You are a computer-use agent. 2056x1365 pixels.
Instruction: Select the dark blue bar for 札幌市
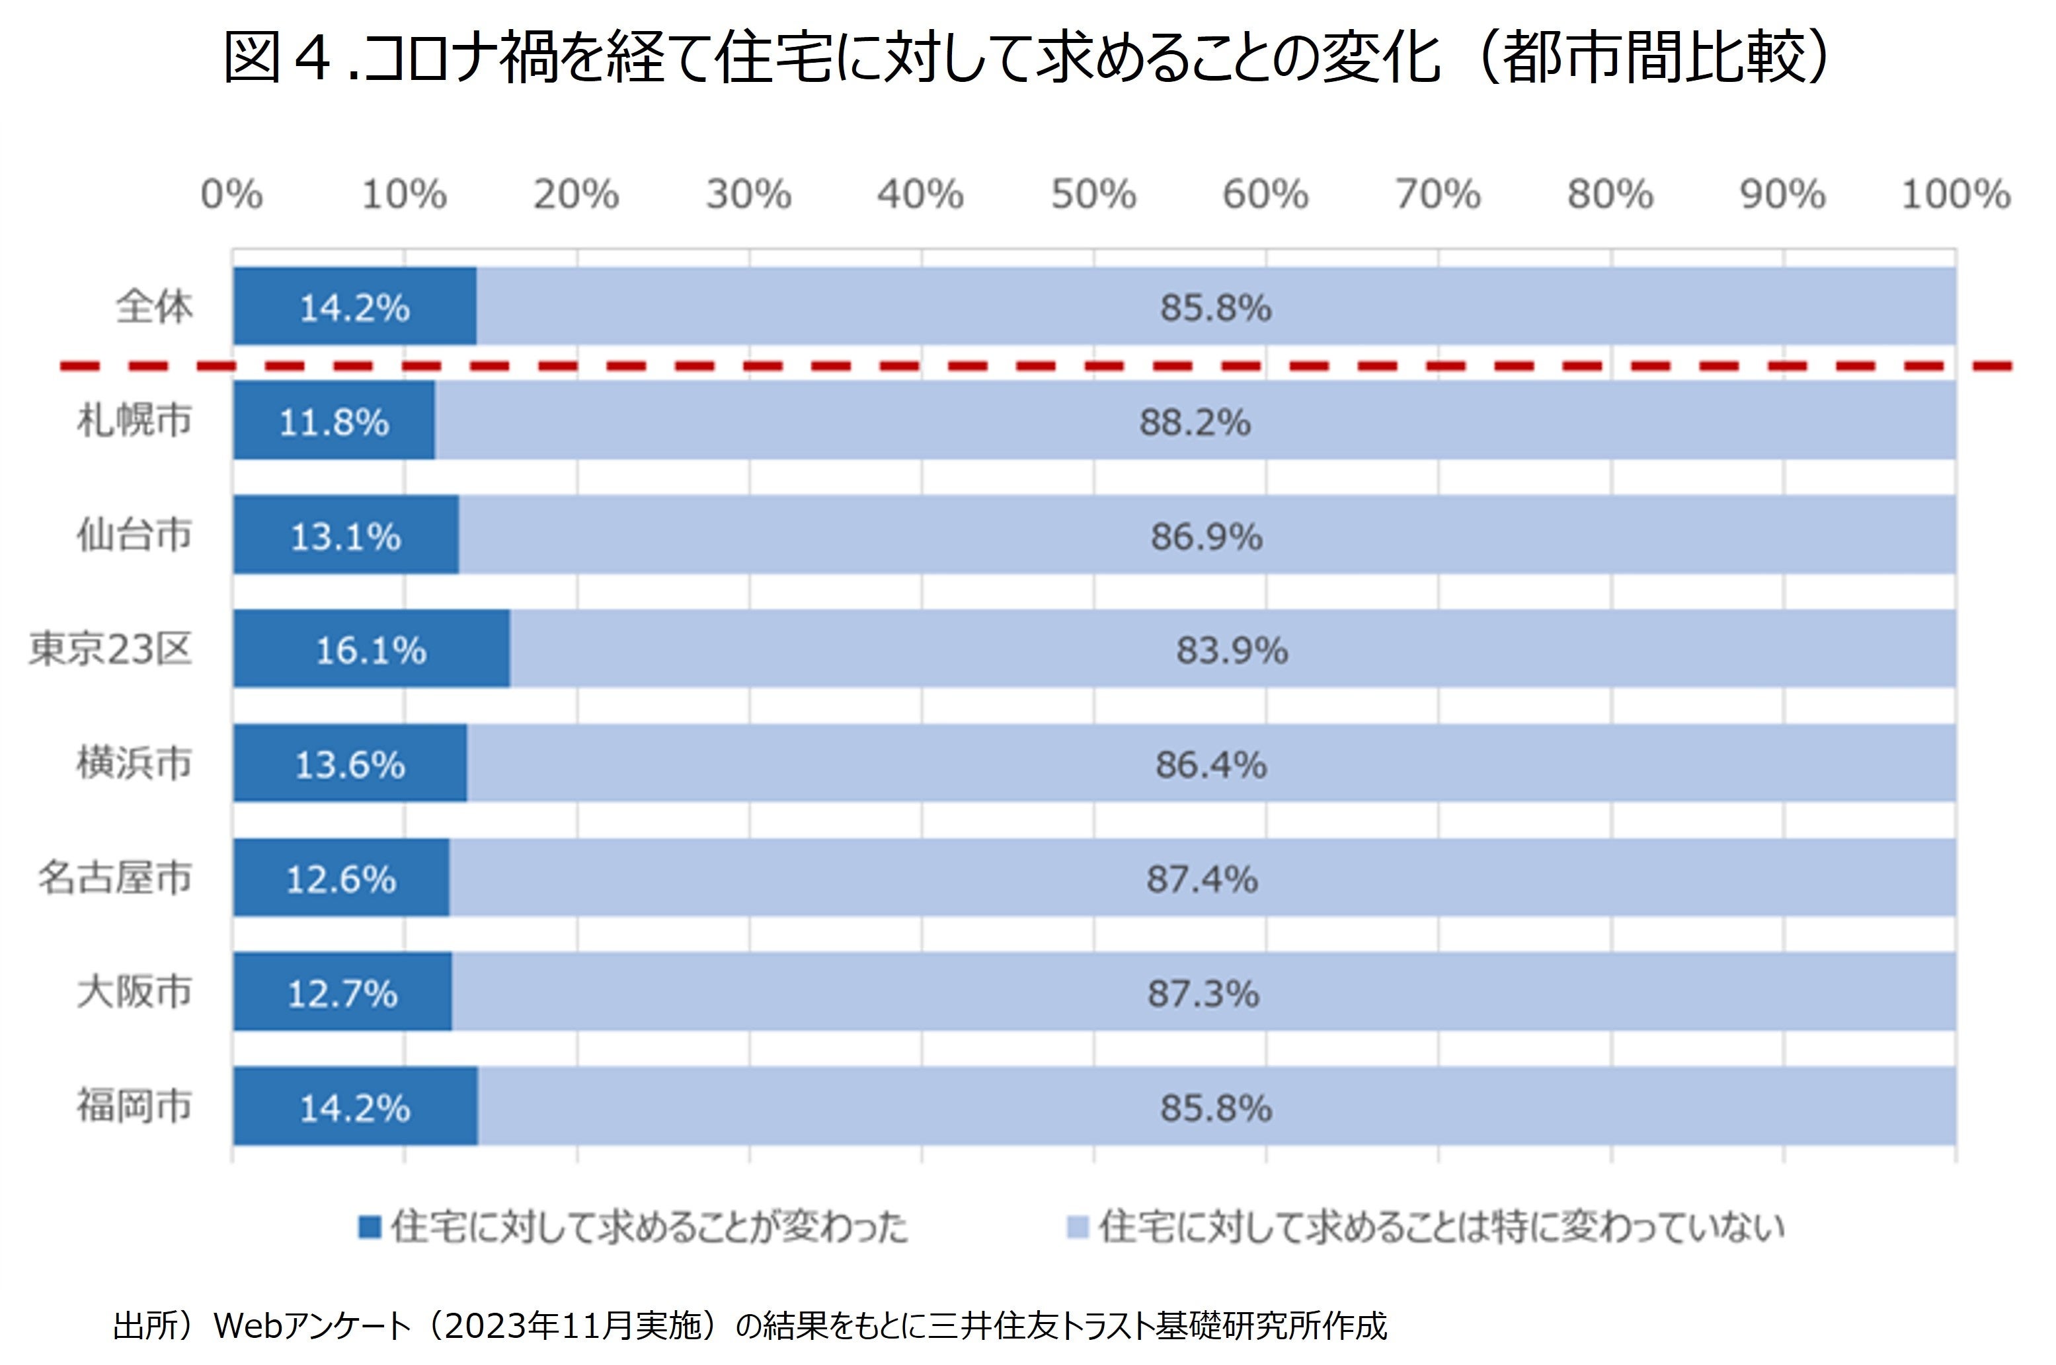pos(261,420)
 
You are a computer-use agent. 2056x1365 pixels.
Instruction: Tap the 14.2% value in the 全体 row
pos(354,308)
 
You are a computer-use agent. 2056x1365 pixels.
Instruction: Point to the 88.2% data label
pos(1195,423)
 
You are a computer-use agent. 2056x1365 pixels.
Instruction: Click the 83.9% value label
pos(1232,650)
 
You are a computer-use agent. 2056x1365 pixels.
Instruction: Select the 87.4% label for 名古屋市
pos(1202,879)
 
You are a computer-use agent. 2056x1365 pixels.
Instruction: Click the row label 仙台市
pos(134,535)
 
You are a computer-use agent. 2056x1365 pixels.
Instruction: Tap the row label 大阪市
pos(134,992)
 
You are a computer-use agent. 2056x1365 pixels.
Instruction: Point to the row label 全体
pos(154,307)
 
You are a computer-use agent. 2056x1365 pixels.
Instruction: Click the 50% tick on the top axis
pos(1093,194)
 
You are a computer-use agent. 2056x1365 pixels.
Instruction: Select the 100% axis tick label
pos(1955,194)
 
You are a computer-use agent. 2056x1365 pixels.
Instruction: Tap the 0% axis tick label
pos(231,194)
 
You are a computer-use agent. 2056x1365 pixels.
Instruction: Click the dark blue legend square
pos(370,1228)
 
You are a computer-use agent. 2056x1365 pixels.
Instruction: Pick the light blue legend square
pos(1077,1228)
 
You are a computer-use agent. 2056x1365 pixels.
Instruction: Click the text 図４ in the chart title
pos(279,57)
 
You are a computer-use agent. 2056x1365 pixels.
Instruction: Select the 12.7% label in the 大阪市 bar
pos(342,993)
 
